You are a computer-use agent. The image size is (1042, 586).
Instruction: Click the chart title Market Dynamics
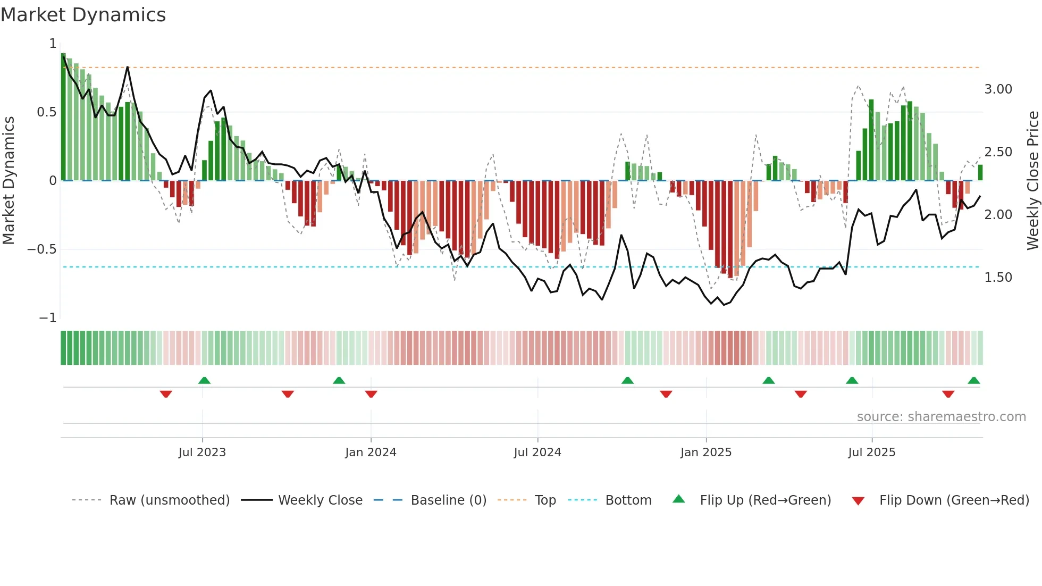(x=83, y=15)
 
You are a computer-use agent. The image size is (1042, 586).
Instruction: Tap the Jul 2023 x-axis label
(x=202, y=453)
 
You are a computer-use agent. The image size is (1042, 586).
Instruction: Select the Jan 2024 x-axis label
(x=371, y=453)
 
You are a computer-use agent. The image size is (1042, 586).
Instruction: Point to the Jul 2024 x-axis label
(x=537, y=453)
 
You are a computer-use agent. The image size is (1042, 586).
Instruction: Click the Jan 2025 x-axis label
(x=706, y=453)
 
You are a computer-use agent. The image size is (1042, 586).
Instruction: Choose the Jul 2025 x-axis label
(x=872, y=453)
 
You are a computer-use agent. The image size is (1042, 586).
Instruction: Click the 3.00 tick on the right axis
(x=998, y=89)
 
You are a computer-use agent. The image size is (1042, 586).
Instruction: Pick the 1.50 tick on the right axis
(x=998, y=278)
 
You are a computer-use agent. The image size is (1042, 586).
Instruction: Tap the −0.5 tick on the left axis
(x=41, y=249)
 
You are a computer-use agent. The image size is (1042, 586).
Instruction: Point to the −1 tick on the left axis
(x=48, y=318)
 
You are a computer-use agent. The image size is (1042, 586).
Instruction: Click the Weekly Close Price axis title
(x=1032, y=181)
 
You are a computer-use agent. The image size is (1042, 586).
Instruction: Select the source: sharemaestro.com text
(x=941, y=417)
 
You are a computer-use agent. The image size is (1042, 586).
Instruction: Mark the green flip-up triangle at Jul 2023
(x=204, y=380)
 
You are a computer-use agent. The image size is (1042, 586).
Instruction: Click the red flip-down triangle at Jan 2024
(x=371, y=394)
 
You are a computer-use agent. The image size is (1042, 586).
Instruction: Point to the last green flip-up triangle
(x=973, y=380)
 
